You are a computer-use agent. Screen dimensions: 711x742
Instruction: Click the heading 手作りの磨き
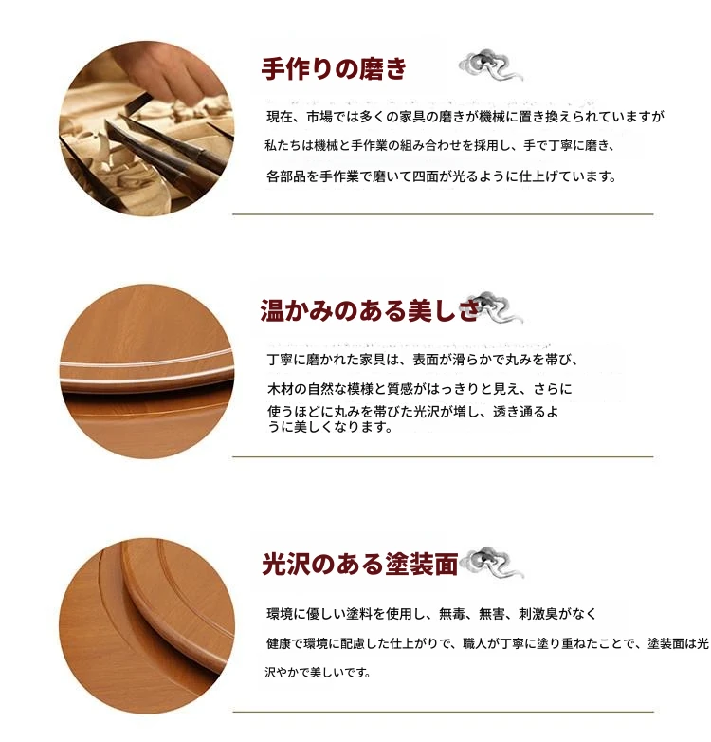[334, 68]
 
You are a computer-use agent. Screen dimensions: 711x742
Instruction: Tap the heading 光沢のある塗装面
[359, 564]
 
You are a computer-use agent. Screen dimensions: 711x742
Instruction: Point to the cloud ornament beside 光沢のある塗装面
[492, 562]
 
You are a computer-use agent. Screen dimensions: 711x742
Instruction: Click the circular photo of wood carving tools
[147, 128]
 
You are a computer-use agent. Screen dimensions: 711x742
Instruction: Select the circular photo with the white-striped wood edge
[147, 371]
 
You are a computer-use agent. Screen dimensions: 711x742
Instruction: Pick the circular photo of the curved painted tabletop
[147, 625]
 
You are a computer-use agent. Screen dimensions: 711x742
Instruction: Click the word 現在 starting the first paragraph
[280, 117]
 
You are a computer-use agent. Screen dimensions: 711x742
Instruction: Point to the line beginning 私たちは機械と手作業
[439, 146]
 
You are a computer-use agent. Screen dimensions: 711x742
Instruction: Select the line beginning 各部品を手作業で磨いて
[441, 176]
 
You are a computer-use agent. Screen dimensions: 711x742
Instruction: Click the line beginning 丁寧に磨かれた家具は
[422, 360]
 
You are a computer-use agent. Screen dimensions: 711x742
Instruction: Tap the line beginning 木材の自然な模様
[420, 389]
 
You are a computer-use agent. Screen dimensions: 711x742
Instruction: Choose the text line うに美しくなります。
[330, 427]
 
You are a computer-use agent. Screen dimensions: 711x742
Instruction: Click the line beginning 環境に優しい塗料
[431, 614]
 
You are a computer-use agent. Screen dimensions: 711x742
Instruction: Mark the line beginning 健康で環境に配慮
[487, 643]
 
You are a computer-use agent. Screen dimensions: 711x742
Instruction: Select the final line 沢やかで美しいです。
[318, 673]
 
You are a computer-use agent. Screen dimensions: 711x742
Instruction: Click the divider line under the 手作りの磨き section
[443, 214]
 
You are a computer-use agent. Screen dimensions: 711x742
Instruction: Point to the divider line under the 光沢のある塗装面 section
[443, 712]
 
